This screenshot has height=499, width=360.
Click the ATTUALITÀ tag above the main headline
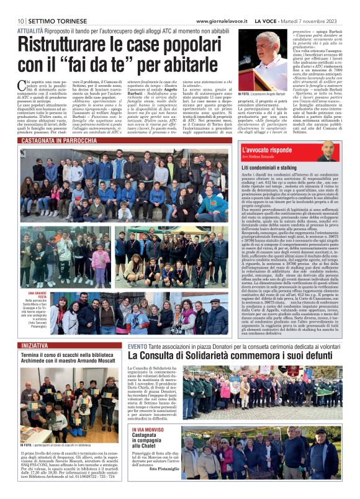coord(30,30)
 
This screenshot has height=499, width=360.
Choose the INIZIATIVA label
coord(35,344)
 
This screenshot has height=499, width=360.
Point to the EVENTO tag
coord(137,345)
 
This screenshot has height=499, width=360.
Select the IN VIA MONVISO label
coord(148,428)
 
